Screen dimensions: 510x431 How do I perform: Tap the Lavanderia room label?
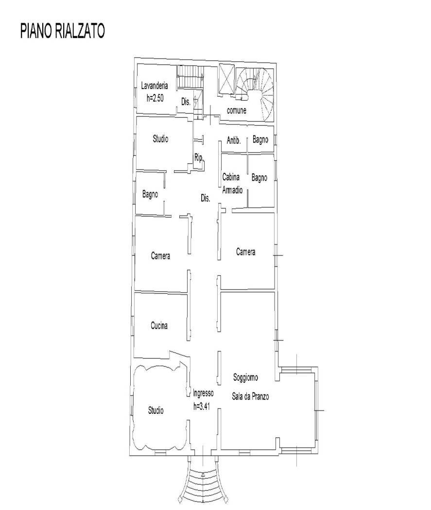(155, 86)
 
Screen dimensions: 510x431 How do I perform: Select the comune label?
(237, 111)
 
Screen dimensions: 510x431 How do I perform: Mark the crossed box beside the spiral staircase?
(225, 78)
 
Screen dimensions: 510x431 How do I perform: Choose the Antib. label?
(234, 140)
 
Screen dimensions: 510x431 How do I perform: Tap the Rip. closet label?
(199, 157)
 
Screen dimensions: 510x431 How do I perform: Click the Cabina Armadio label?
(232, 184)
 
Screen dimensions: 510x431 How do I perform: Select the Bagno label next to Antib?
(260, 140)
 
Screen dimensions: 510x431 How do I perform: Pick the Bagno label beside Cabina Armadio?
(259, 178)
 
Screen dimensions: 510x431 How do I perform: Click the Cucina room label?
(159, 326)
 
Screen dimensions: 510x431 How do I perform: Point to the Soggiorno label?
(245, 377)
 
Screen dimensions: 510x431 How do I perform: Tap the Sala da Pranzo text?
(250, 397)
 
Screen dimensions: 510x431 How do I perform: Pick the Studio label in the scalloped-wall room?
(155, 411)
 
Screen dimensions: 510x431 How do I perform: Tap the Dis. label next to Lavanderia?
(185, 102)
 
